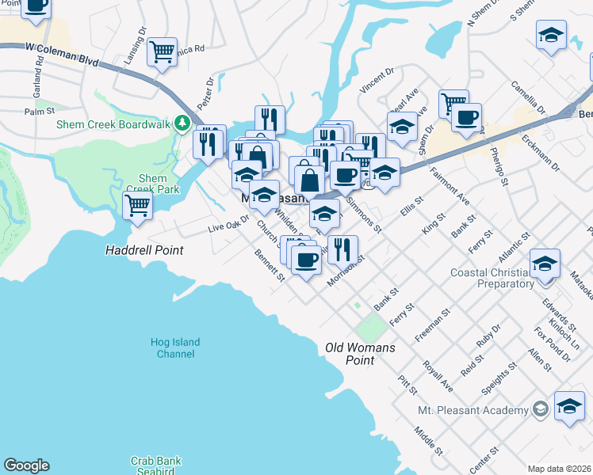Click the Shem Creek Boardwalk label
tap(113, 123)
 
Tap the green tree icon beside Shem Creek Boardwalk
tap(182, 123)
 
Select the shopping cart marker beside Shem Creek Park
tap(138, 205)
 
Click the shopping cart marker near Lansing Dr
tap(162, 52)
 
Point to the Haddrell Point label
tap(144, 250)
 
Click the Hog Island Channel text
tap(175, 348)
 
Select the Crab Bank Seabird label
tap(153, 465)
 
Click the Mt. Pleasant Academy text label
tap(473, 410)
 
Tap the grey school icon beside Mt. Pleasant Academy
tap(541, 409)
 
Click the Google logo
tap(26, 465)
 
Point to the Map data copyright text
tap(559, 469)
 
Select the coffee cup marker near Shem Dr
tap(466, 118)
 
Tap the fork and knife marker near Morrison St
tap(341, 249)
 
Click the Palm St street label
tap(37, 112)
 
